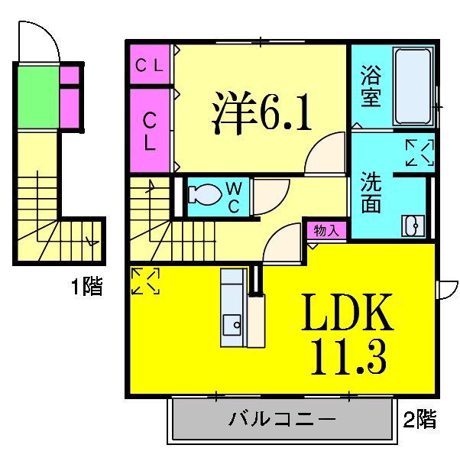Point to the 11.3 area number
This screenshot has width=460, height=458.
348,356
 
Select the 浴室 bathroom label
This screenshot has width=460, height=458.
371,88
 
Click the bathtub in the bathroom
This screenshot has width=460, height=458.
413,86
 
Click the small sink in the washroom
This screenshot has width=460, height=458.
411,226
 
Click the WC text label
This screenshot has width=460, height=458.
235,197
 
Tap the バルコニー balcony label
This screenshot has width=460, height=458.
282,420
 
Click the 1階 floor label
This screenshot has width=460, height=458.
86,287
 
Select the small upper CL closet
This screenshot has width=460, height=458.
151,66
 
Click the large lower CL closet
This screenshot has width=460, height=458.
151,131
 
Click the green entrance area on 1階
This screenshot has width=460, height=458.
37,98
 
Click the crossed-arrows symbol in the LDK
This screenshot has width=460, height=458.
146,281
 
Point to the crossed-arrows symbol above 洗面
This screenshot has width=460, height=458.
419,152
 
